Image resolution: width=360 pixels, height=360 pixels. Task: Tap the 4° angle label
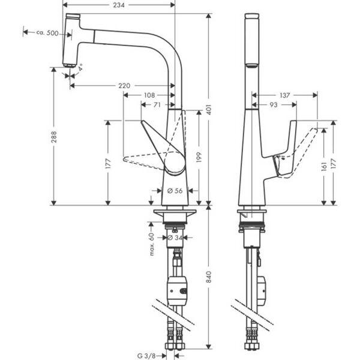(x=80, y=68)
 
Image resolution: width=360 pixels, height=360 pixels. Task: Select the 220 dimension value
(x=124, y=86)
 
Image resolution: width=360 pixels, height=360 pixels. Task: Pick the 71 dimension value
(x=157, y=104)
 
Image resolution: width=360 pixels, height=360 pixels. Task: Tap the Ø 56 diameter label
(x=175, y=190)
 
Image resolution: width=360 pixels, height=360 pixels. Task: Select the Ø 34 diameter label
(x=175, y=238)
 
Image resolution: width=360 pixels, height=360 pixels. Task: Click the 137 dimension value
(x=284, y=95)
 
